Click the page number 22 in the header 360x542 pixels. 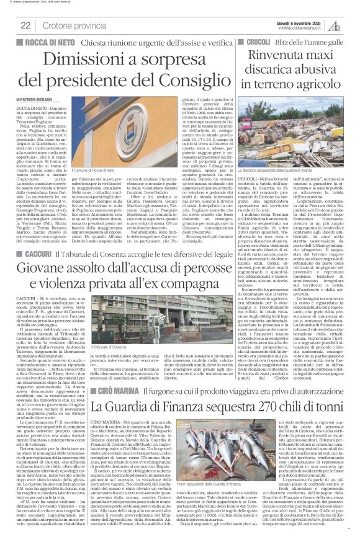tap(25, 25)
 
